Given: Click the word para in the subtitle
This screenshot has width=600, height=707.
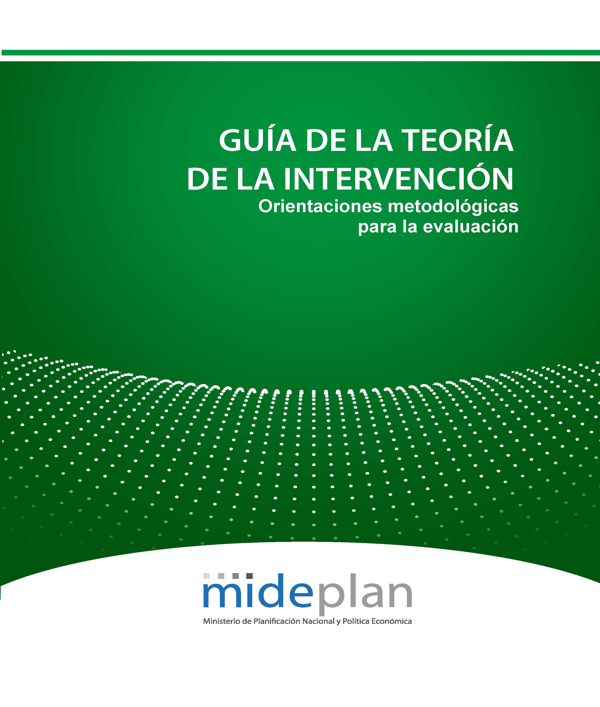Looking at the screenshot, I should point(378,227).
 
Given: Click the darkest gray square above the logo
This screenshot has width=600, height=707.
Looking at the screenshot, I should point(249,576).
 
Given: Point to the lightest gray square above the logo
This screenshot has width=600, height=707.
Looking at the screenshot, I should point(206,576).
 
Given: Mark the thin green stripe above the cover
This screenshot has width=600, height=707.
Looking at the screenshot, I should point(300,53).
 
